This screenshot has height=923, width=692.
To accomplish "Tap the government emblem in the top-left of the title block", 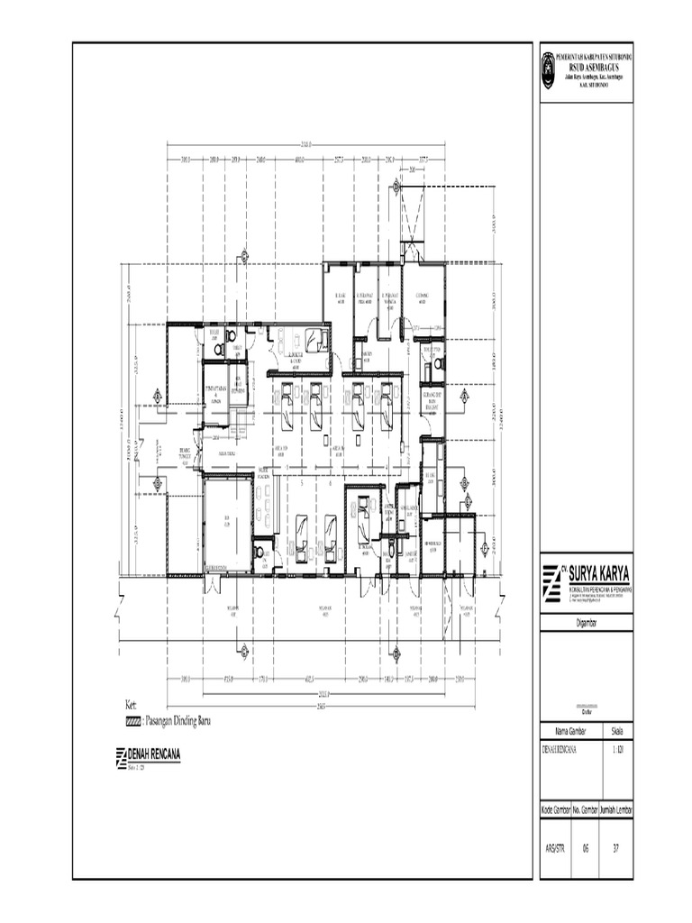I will [x=550, y=65].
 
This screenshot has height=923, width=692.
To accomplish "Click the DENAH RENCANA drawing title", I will [x=155, y=755].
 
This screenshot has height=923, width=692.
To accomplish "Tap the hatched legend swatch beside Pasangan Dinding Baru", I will [x=133, y=721].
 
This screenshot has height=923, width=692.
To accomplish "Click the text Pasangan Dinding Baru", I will [x=180, y=721].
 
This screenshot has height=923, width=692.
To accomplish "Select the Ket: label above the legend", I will [x=132, y=706].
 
